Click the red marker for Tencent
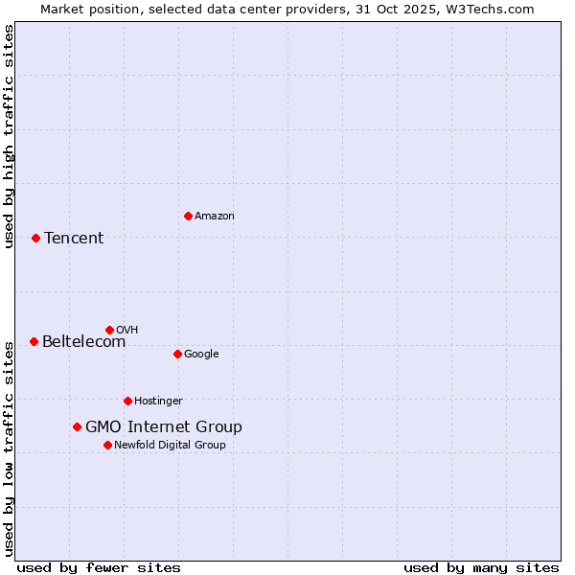pyautogui.click(x=35, y=238)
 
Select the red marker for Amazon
pyautogui.click(x=188, y=216)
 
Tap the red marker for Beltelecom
pyautogui.click(x=34, y=341)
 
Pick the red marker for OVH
pyautogui.click(x=109, y=330)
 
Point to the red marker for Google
pyautogui.click(x=177, y=354)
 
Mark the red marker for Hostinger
pyautogui.click(x=127, y=401)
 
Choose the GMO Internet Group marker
pyautogui.click(x=77, y=426)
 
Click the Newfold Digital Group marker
pyautogui.click(x=107, y=445)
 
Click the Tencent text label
pyautogui.click(x=74, y=239)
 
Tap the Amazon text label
pyautogui.click(x=215, y=217)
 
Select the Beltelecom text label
pyautogui.click(x=83, y=342)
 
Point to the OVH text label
pyautogui.click(x=127, y=331)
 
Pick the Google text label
pyautogui.click(x=201, y=355)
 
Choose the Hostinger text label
pyautogui.click(x=158, y=402)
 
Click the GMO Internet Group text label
pyautogui.click(x=164, y=427)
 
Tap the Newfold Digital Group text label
pyautogui.click(x=170, y=446)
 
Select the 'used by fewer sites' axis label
pyautogui.click(x=99, y=568)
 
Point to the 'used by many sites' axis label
pyautogui.click(x=481, y=568)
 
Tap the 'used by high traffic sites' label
pyautogui.click(x=9, y=137)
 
